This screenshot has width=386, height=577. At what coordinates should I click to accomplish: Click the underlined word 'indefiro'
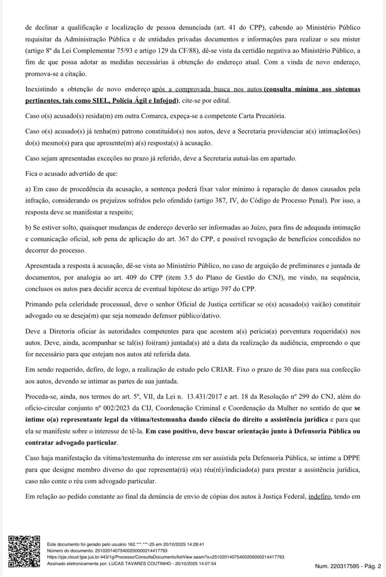click(320, 497)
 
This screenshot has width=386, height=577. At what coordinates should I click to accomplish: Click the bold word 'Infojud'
click(165, 101)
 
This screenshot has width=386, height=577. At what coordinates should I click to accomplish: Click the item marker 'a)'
click(29, 189)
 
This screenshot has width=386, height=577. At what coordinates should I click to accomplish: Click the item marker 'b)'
click(29, 228)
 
